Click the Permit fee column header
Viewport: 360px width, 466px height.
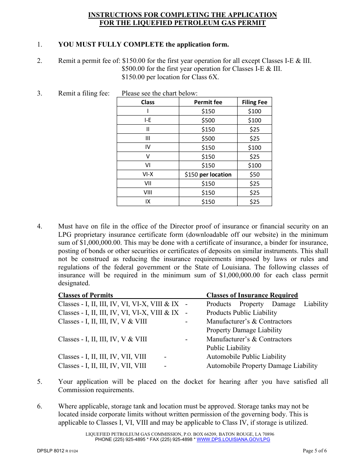click(208, 102)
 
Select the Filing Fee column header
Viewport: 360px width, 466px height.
click(254, 102)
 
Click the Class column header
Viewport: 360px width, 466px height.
click(148, 102)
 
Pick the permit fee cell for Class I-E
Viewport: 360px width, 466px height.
click(208, 120)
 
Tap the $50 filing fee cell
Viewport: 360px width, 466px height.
click(254, 175)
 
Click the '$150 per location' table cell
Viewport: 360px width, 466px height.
click(208, 175)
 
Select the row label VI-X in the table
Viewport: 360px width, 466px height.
click(148, 175)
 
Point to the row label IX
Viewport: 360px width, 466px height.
click(148, 202)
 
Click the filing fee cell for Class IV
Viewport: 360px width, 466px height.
click(254, 148)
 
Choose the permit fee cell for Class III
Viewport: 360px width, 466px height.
click(208, 139)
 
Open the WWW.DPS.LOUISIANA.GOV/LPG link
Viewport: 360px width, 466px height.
click(233, 439)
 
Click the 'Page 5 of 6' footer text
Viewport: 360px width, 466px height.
click(315, 451)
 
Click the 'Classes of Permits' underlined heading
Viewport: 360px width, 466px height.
click(86, 296)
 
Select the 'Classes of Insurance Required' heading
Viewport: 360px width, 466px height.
click(252, 296)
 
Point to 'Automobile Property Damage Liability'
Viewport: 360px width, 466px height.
click(262, 366)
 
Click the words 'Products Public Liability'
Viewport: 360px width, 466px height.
click(241, 313)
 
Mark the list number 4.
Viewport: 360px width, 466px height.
click(39, 227)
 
